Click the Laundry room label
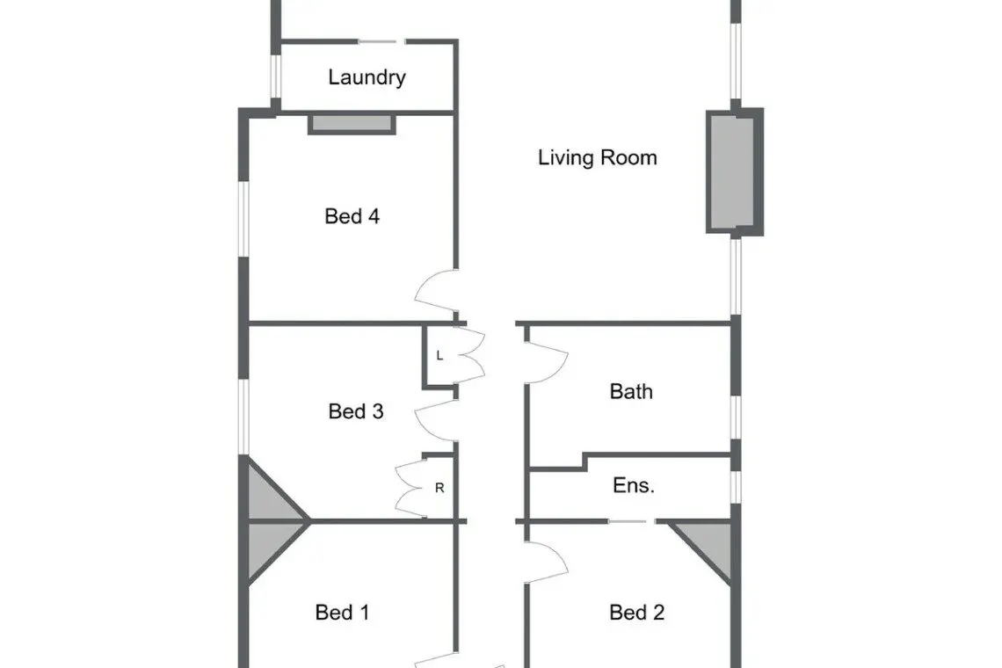point(367,77)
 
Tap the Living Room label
point(598,157)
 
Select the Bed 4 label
point(352,216)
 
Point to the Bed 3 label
point(356,411)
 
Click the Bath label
point(631,391)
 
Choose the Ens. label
point(633,485)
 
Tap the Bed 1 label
point(343,613)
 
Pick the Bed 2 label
point(637,613)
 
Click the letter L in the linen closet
point(439,355)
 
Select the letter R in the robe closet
point(439,488)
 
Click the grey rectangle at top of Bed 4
point(352,124)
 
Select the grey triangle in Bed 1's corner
point(273,551)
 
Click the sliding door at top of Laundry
point(381,41)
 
